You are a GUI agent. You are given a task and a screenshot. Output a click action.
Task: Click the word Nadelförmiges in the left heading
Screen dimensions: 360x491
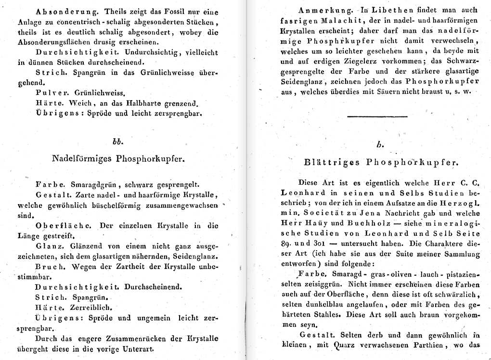coord(80,159)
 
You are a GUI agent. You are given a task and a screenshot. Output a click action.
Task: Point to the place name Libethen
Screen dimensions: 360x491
coord(384,10)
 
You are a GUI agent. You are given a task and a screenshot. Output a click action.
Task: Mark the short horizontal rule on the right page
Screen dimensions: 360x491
coord(377,116)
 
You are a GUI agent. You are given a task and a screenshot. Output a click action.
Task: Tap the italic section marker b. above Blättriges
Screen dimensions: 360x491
coord(379,144)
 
